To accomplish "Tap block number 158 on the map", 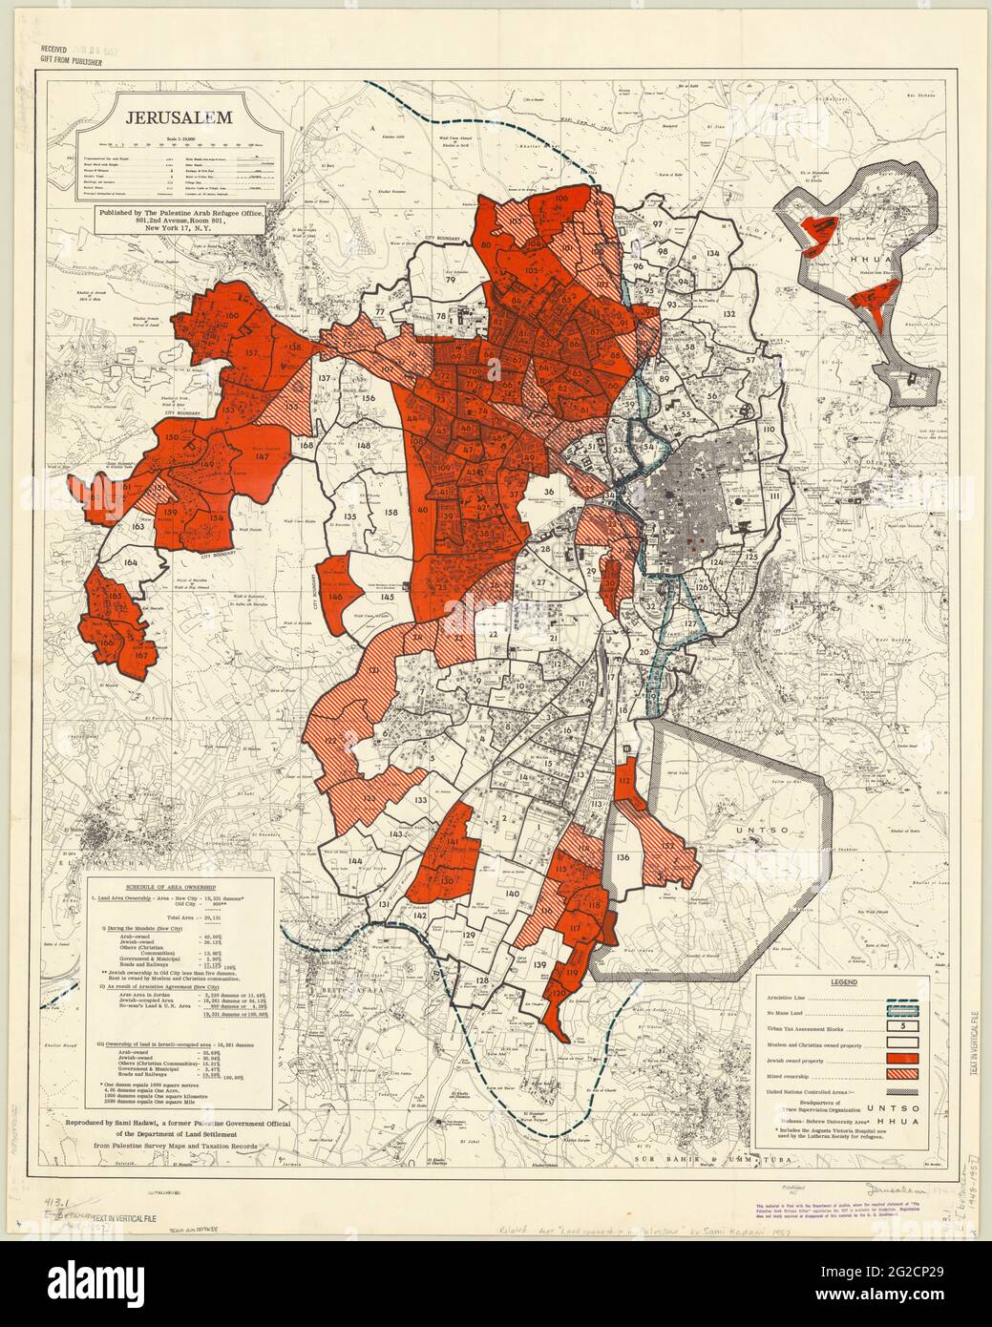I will pyautogui.click(x=390, y=513).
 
